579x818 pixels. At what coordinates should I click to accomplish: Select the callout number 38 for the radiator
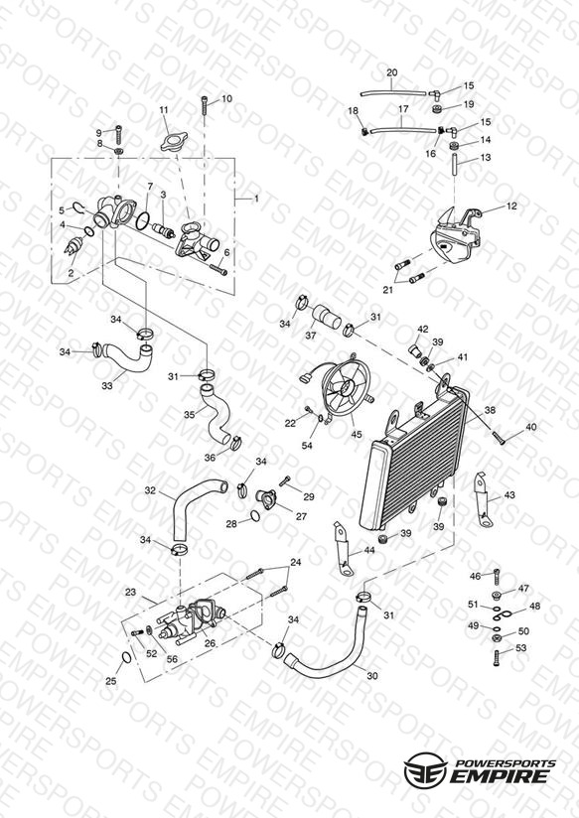tap(490, 411)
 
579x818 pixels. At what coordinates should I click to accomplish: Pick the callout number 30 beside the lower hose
tap(371, 676)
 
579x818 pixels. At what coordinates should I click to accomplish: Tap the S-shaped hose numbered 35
tap(216, 413)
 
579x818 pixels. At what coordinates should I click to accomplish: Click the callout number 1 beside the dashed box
tap(256, 199)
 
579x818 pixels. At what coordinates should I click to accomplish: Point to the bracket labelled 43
tap(483, 498)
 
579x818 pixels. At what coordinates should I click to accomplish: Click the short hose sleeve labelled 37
tap(327, 316)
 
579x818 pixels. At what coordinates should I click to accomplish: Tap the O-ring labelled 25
tap(126, 657)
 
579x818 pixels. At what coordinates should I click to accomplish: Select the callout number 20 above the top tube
tap(392, 72)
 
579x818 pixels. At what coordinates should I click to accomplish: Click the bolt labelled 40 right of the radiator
tap(500, 437)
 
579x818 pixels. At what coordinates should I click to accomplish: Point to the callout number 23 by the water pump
tap(130, 592)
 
